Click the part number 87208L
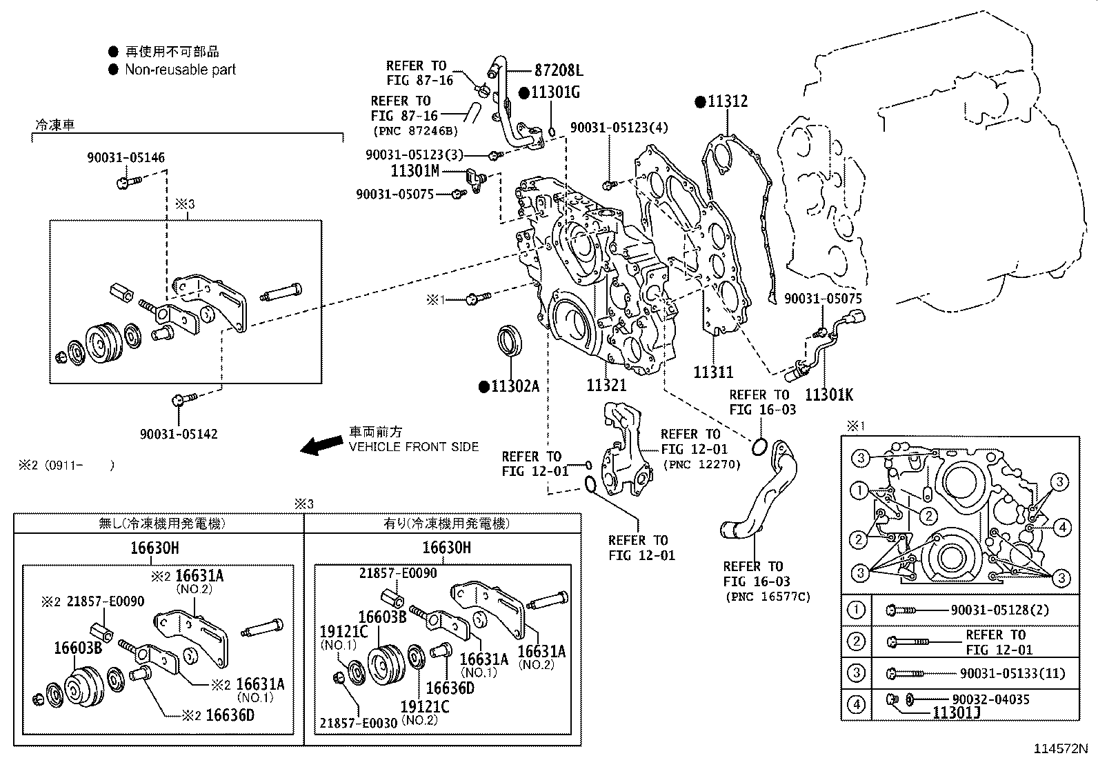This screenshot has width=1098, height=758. coord(559,70)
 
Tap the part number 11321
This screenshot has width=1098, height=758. coord(606,386)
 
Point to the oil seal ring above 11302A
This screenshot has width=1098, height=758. coord(510,341)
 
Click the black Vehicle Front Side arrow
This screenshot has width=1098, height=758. coord(321,446)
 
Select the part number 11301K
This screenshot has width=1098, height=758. coord(829,395)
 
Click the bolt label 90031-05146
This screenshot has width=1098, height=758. coord(126,158)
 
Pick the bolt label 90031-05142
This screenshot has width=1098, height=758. coord(178,434)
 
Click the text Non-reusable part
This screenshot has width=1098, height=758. coord(180,70)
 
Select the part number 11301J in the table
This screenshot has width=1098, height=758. coord(956,713)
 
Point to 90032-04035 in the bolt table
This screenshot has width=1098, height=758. coord(990,699)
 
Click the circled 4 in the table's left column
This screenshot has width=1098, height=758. coord(856,704)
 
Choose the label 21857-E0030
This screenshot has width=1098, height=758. coord(358,723)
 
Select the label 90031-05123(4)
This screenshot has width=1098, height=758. coord(619,128)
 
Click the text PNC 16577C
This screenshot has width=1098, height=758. coord(767,597)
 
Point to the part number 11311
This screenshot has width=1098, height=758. coord(713,372)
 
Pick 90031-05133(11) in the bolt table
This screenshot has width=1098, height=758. coord(1012,673)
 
